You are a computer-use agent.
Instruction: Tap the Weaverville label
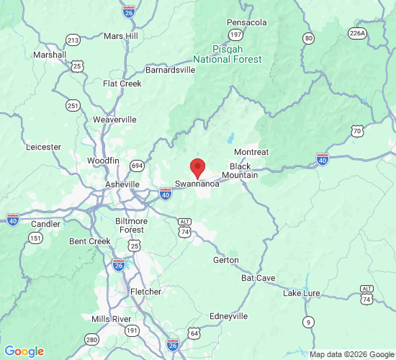click(114, 120)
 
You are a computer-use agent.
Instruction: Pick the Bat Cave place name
click(258, 277)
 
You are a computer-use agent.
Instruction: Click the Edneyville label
click(228, 316)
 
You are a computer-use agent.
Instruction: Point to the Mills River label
click(111, 318)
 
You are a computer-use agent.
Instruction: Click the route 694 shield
click(137, 166)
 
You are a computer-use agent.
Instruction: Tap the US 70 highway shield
click(357, 130)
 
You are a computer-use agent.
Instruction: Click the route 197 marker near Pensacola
click(235, 35)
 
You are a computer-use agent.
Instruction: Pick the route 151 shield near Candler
click(36, 238)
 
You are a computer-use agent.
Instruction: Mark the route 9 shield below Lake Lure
click(308, 321)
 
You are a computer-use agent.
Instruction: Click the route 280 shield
click(91, 339)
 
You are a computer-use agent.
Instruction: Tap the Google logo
click(24, 351)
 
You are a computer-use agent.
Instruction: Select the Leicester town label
click(43, 147)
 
